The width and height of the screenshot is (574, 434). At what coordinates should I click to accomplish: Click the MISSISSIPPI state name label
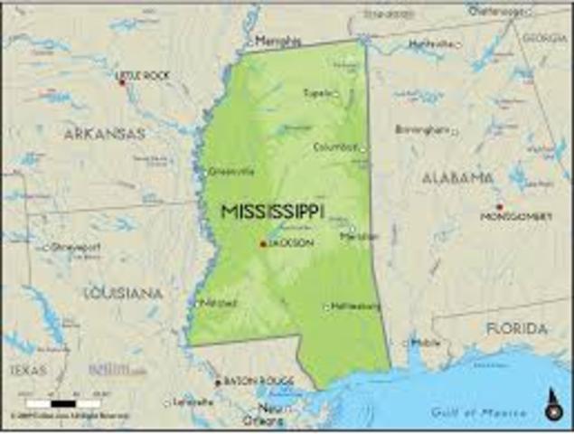coord(273,212)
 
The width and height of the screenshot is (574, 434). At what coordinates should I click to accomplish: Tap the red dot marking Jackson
coord(262,243)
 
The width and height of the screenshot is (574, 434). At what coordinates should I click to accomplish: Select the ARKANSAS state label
coord(104,134)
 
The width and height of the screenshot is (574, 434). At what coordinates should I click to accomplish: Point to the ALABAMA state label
coord(458,178)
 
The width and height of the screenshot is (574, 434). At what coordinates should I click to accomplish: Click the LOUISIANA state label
coord(124,293)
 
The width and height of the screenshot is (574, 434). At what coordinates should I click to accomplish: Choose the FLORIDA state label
coord(516,328)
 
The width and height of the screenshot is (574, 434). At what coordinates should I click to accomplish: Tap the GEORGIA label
coord(545,38)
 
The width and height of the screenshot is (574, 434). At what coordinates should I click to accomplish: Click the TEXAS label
coord(28,370)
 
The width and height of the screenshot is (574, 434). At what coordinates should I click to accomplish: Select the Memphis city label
coord(278,42)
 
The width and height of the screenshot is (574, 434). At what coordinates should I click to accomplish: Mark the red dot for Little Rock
coord(122,82)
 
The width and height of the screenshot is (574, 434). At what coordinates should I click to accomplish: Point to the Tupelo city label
coord(316,92)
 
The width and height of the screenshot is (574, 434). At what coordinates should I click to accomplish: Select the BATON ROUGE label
coord(247,382)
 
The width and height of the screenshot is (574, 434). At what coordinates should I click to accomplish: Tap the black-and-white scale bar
coord(62,402)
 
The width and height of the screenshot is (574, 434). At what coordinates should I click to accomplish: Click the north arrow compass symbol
coord(553,406)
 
